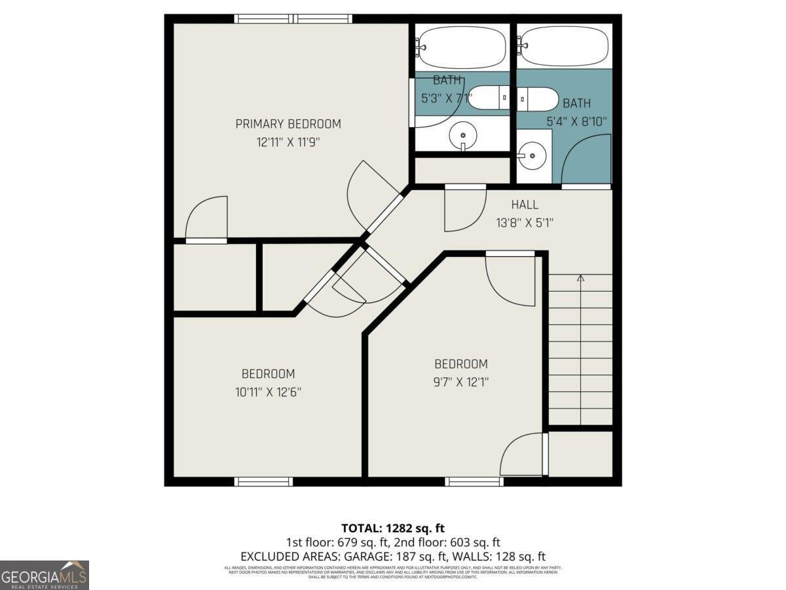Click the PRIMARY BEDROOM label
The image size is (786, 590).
point(288,124)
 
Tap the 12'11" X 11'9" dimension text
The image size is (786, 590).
point(288,141)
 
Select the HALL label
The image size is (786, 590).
point(525,205)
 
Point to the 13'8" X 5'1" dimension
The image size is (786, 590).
point(525,222)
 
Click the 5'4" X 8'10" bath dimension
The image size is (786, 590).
point(577,121)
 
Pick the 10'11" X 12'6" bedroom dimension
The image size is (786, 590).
point(268,392)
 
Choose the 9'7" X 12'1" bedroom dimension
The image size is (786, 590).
point(461,382)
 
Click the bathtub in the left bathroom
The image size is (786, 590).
point(462,47)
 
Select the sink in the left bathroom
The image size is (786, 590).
point(463,135)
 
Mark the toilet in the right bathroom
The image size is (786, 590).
point(538,99)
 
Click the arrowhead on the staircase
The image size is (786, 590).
point(580,279)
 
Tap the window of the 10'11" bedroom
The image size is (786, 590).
point(263,482)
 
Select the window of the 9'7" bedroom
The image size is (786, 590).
point(474,482)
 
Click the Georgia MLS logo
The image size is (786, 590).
point(44,575)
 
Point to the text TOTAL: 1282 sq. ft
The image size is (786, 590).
point(393,528)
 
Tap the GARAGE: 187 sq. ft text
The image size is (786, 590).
point(393,556)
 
